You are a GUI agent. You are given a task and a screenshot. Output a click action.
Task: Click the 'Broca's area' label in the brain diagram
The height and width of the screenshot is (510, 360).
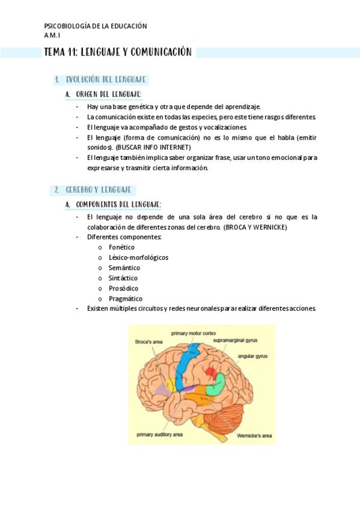pyautogui.click(x=149, y=342)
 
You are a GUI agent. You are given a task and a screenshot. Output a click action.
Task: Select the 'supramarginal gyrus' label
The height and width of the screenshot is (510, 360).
pyautogui.click(x=235, y=340)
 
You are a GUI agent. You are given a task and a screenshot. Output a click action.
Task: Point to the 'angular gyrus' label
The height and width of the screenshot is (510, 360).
pyautogui.click(x=252, y=356)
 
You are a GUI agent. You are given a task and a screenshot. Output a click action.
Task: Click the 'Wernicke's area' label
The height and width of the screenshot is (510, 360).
pyautogui.click(x=254, y=435)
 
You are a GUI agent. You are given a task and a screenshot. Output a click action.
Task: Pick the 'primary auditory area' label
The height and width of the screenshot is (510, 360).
pyautogui.click(x=159, y=434)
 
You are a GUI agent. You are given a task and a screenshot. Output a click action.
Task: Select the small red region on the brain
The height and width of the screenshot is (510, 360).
pyautogui.click(x=210, y=372)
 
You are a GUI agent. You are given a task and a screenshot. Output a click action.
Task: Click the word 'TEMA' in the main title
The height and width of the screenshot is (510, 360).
pyautogui.click(x=54, y=53)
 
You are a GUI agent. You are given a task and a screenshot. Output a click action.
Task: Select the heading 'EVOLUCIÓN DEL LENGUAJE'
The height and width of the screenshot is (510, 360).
pyautogui.click(x=106, y=79)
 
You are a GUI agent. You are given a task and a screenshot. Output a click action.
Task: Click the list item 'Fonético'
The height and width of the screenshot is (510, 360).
pyautogui.click(x=121, y=247)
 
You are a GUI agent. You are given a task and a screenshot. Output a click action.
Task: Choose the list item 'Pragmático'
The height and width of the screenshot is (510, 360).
pyautogui.click(x=126, y=298)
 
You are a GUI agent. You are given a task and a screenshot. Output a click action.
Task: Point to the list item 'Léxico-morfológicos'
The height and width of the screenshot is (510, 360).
pyautogui.click(x=138, y=257)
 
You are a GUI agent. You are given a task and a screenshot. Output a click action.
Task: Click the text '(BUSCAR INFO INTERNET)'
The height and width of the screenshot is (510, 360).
pyautogui.click(x=153, y=147)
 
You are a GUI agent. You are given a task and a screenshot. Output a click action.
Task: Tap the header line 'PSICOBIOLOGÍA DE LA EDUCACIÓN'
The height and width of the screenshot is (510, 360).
pyautogui.click(x=96, y=26)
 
